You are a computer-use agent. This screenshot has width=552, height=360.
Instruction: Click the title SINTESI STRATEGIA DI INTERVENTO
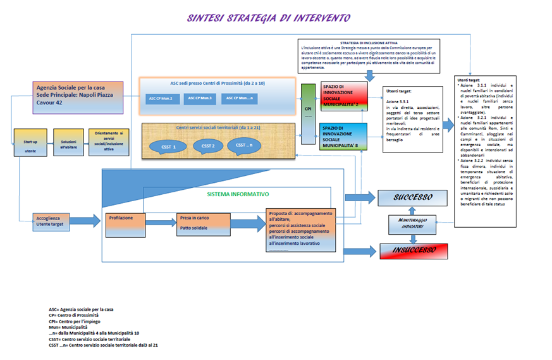click(268, 18)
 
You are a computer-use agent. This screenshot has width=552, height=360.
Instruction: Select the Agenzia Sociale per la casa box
click(78, 97)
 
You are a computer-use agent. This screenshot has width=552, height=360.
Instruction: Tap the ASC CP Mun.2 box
click(160, 99)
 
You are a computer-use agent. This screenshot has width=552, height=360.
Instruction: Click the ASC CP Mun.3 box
click(201, 98)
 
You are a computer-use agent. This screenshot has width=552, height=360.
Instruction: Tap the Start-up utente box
click(30, 144)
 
